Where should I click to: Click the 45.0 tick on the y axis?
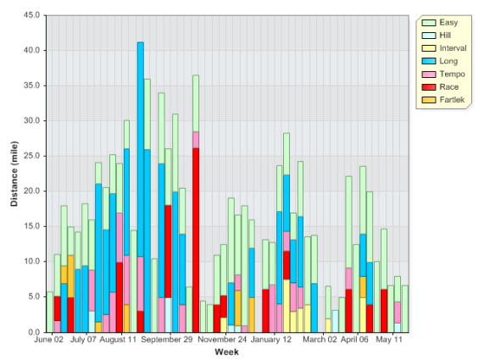(31, 14)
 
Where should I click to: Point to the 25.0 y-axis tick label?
(31, 156)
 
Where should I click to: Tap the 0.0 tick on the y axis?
(33, 332)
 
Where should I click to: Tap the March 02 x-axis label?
(320, 341)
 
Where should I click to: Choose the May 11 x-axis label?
(389, 341)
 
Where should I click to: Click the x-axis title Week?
(226, 352)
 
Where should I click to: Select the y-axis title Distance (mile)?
(14, 174)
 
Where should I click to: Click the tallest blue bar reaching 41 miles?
(141, 169)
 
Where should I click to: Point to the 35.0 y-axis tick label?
(31, 86)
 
